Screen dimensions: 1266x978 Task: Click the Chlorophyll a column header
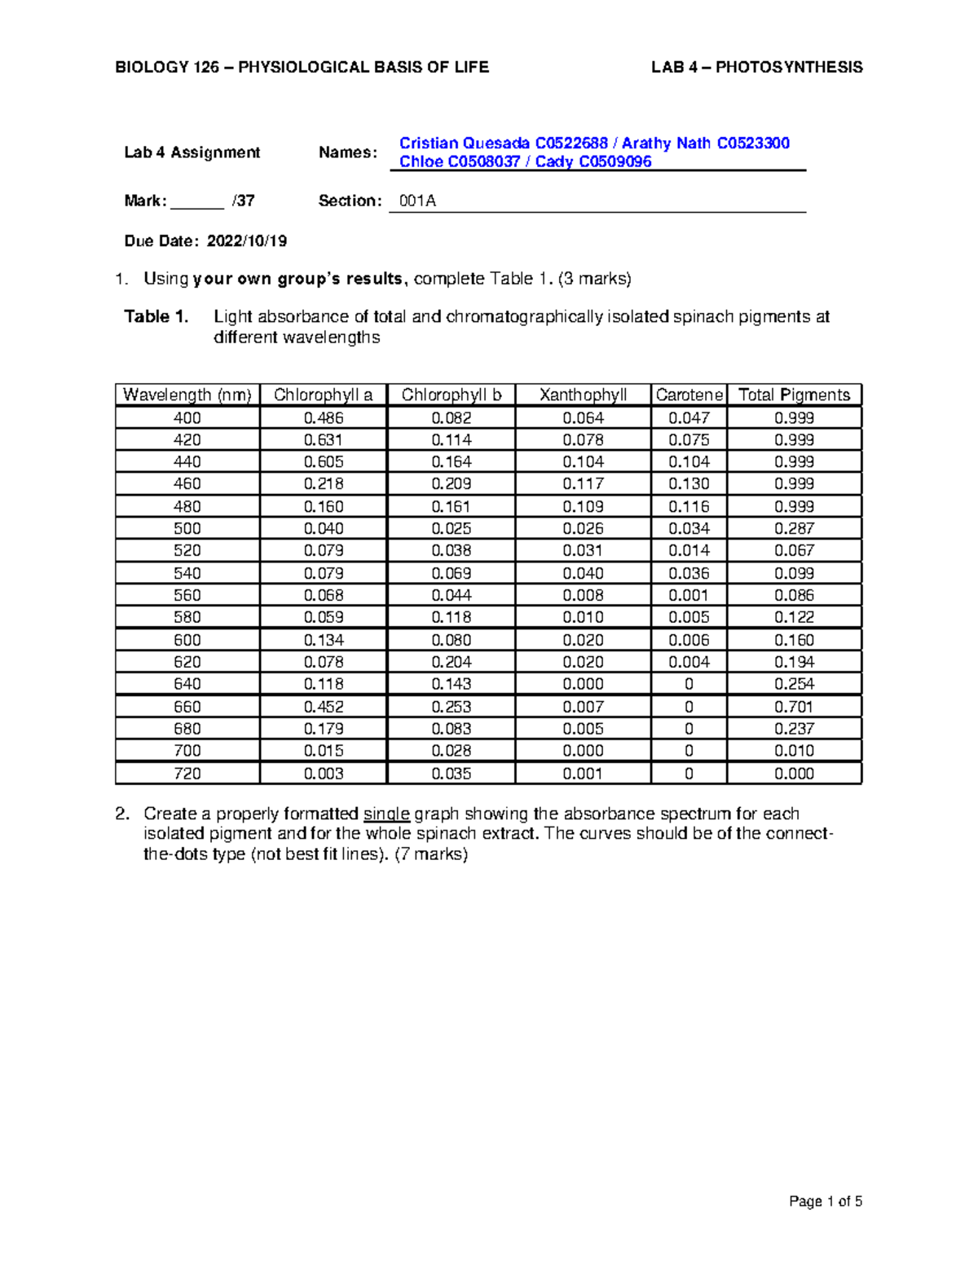323,395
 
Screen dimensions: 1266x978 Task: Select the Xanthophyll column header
583,395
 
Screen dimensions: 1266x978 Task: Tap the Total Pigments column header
794,395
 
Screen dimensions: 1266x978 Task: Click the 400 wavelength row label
187,417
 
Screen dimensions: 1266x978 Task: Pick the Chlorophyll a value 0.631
323,439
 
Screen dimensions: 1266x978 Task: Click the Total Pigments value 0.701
794,707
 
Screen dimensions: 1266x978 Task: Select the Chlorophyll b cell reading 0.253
451,707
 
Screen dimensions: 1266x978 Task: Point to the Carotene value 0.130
689,483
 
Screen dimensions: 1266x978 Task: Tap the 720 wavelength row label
187,774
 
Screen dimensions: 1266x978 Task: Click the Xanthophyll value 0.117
583,483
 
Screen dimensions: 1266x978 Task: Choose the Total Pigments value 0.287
794,528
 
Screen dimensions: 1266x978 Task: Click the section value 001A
417,201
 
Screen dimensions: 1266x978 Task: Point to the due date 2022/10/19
246,241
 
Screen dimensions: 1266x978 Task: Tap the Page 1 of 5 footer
825,1201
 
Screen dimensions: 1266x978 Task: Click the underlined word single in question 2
386,814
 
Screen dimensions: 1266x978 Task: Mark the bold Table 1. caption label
156,316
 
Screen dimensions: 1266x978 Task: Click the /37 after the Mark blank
243,201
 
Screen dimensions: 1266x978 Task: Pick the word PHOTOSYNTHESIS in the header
788,68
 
